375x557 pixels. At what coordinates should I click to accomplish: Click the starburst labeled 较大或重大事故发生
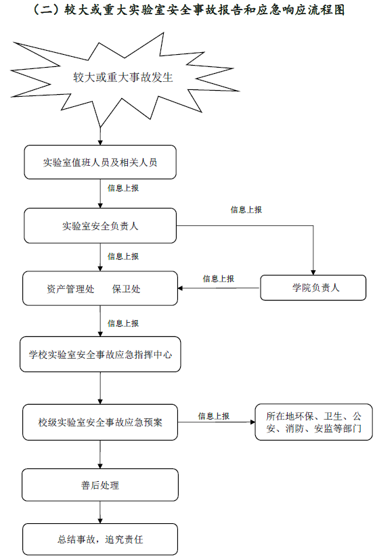click(x=123, y=77)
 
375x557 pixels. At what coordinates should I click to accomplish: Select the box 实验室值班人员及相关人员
click(x=100, y=162)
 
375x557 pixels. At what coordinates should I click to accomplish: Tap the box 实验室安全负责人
click(x=100, y=225)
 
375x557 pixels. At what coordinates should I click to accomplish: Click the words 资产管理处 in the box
click(x=70, y=289)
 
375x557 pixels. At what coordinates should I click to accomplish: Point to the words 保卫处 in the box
click(x=126, y=289)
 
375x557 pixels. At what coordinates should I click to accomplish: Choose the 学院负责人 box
click(x=313, y=288)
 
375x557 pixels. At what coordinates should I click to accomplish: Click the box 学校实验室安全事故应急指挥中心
click(x=100, y=355)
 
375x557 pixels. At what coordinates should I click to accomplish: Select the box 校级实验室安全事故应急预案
click(x=100, y=422)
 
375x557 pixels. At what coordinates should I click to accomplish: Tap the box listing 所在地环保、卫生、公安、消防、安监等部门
click(x=314, y=422)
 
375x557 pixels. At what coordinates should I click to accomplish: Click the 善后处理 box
click(x=100, y=485)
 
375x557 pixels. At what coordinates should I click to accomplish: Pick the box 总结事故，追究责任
click(x=100, y=539)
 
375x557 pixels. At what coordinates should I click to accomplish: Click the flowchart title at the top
click(x=187, y=9)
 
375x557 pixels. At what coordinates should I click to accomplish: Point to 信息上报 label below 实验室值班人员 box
click(x=123, y=188)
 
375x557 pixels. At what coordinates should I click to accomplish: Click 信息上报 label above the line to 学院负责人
click(x=246, y=210)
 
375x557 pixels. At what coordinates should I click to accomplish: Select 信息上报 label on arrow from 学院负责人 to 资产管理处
click(x=218, y=279)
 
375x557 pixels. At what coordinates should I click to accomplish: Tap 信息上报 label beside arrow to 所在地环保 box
click(x=214, y=416)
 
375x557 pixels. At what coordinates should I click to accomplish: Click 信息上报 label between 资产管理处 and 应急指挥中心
click(x=123, y=324)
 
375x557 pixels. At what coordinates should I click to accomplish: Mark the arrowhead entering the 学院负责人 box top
click(x=313, y=273)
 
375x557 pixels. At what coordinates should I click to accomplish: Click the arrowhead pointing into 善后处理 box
click(x=100, y=466)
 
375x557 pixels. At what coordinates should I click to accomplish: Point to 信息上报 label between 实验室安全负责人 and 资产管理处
click(x=123, y=256)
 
